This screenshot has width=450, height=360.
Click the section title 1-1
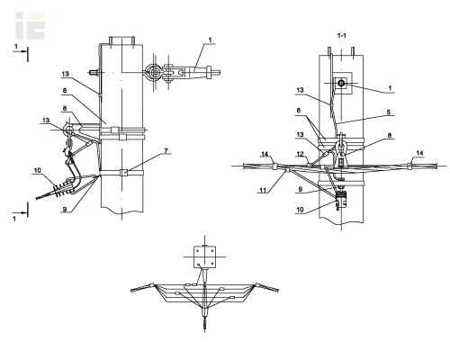tap(341, 36)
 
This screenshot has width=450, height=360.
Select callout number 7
tap(166, 150)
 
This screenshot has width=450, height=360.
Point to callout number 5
tap(389, 112)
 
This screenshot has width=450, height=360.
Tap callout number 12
tap(300, 154)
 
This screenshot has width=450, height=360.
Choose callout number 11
tap(263, 190)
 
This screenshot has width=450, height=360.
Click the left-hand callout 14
tap(265, 154)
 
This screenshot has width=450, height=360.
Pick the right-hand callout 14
tap(419, 153)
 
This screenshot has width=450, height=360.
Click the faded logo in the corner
tap(31, 25)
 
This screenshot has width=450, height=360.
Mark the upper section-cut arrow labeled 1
tap(21, 52)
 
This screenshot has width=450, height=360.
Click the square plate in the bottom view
tap(204, 256)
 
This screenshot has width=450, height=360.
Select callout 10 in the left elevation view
tap(37, 171)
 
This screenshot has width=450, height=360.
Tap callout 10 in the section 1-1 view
tap(300, 210)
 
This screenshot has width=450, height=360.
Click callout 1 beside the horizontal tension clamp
tap(210, 40)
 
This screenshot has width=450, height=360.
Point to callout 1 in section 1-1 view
tap(390, 88)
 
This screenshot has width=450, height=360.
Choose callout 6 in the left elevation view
tap(65, 91)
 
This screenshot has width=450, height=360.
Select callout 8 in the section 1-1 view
tap(390, 135)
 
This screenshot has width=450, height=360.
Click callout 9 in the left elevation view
tap(65, 209)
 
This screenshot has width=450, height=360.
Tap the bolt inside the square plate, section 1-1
tap(341, 83)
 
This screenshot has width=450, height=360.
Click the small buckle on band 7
tap(123, 173)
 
